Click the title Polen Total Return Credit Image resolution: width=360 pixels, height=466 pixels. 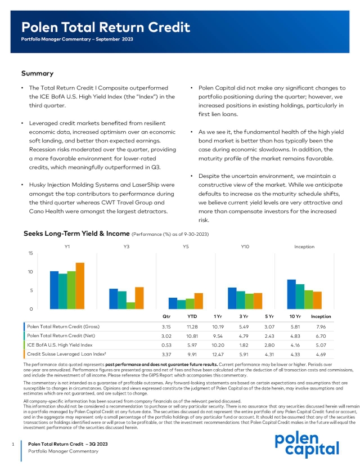[106, 27]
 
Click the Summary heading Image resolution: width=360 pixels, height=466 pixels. [37, 73]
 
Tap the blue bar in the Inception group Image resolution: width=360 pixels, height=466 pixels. [291, 294]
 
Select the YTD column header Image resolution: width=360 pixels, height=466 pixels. [192, 317]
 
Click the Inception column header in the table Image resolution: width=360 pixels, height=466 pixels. [321, 317]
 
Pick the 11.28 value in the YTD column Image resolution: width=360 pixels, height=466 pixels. [192, 326]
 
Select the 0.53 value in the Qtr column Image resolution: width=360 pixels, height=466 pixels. [166, 344]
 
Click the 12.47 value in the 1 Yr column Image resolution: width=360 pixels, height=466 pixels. [218, 355]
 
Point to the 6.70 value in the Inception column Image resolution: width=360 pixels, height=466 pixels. [321, 335]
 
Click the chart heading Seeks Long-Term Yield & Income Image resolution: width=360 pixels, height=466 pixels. [76, 233]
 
